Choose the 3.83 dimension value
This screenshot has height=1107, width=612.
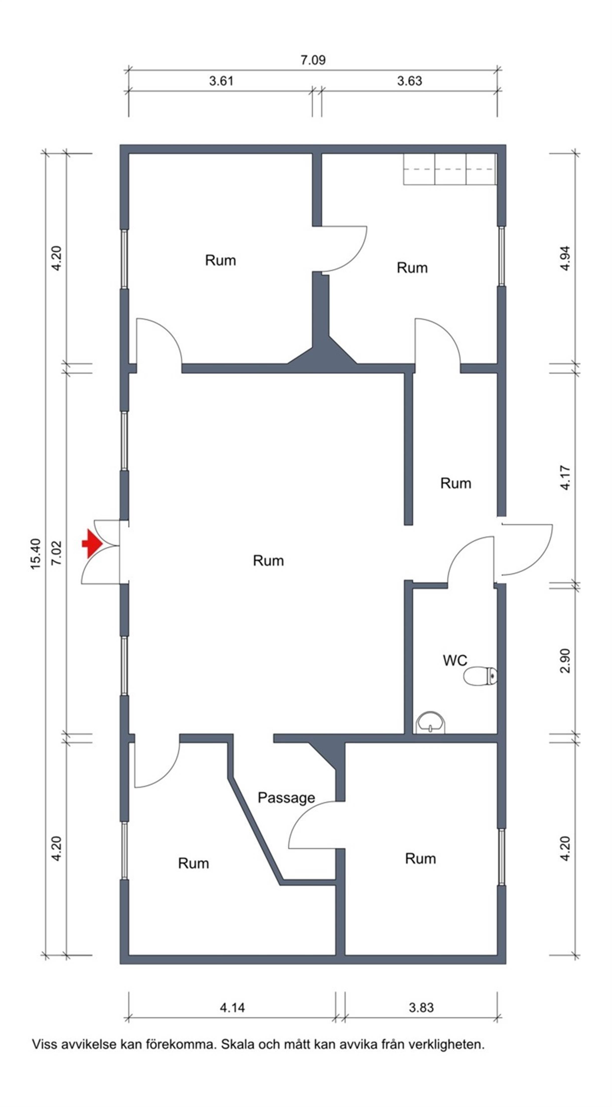coord(421,1007)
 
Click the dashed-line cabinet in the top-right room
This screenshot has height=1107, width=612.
coord(450,169)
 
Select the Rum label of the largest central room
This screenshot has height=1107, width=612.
coord(268,560)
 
